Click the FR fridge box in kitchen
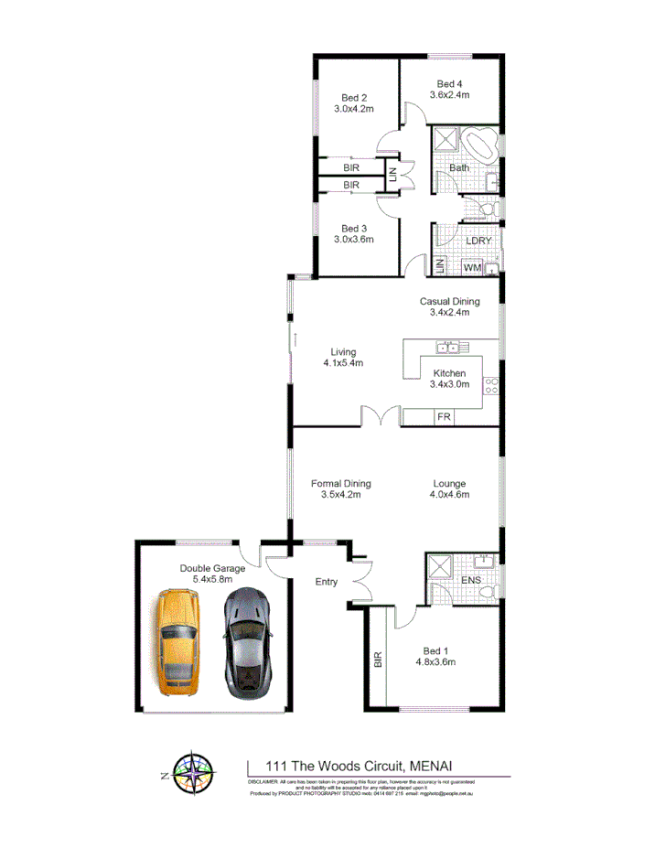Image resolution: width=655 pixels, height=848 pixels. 444,417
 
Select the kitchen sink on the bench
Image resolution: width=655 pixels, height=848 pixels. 449,347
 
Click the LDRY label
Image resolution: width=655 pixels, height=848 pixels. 478,241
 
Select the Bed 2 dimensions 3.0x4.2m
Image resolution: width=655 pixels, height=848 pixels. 354,109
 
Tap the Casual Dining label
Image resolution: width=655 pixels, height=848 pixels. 449,301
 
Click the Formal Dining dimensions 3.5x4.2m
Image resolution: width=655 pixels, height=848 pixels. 340,495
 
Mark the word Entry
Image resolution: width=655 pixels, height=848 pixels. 326,581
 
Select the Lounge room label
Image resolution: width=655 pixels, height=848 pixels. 449,484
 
